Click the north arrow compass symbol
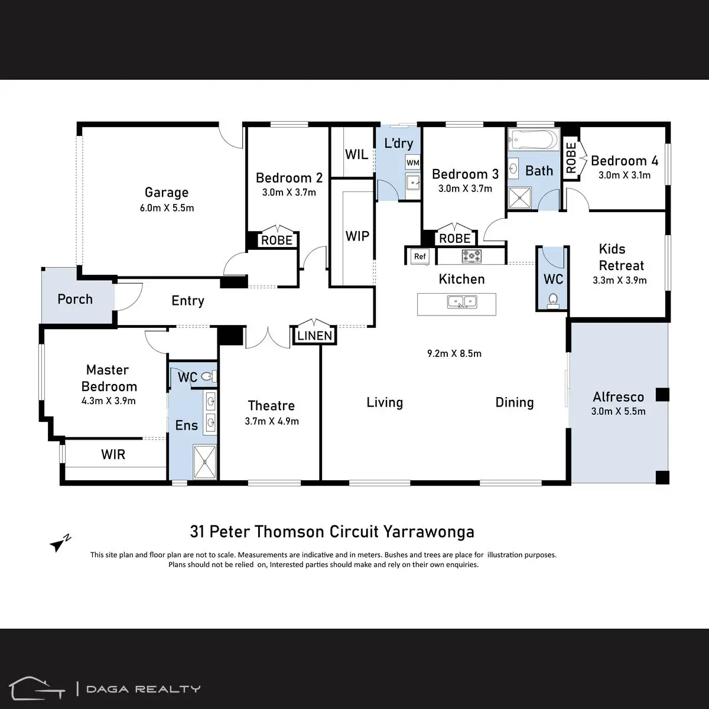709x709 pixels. coord(60,543)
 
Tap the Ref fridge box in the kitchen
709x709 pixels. coord(420,256)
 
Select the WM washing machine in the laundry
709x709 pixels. coord(413,162)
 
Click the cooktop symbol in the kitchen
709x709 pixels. coord(471,256)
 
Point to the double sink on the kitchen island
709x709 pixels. coord(462,302)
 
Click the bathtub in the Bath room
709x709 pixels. coord(534,139)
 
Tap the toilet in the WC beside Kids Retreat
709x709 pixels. coord(553,301)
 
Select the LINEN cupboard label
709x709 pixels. coord(314,336)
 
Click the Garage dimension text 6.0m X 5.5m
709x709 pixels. coord(167,208)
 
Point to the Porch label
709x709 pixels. coord(75,299)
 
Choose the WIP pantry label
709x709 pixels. coord(357,236)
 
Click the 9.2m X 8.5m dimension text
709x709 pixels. coord(454,353)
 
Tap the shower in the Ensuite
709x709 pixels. coord(204,462)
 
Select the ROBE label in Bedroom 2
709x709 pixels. coord(277,240)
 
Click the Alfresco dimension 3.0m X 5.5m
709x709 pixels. coord(618,411)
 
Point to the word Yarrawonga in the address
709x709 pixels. coord(428,532)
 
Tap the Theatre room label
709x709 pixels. coord(271,405)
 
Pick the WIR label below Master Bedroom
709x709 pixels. coord(113,454)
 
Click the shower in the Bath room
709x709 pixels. coord(519,198)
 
